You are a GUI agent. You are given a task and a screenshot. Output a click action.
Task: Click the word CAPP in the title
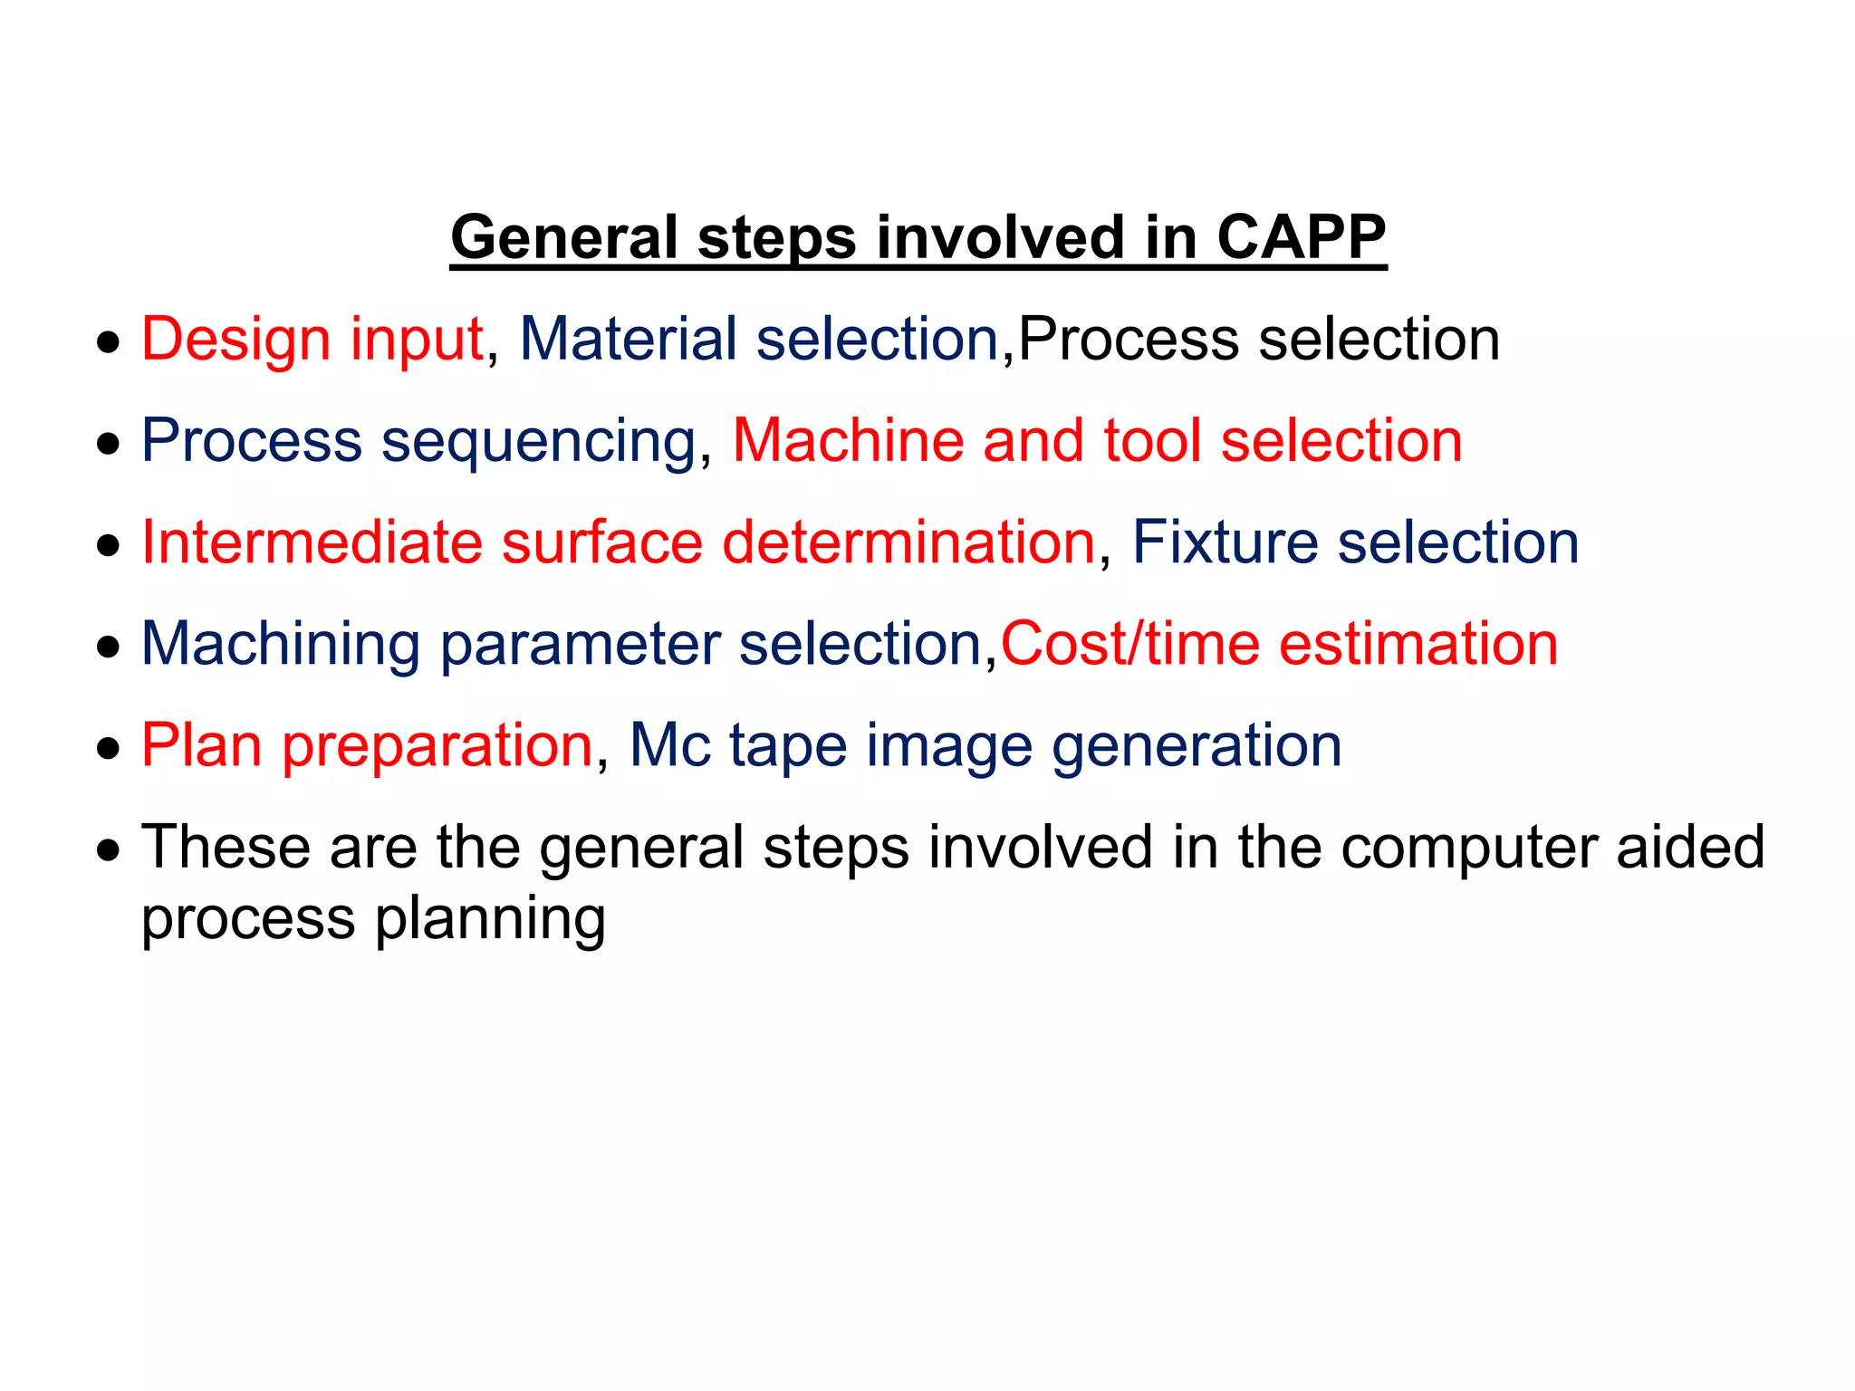click(1300, 237)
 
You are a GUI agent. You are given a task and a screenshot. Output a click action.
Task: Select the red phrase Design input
click(312, 340)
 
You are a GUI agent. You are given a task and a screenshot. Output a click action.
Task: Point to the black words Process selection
click(1259, 340)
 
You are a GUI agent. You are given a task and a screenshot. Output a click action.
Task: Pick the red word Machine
click(848, 441)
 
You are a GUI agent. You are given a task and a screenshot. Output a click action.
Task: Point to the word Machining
click(281, 644)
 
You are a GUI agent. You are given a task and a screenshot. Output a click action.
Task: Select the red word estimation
click(1418, 644)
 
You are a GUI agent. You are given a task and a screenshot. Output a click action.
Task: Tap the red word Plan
click(202, 745)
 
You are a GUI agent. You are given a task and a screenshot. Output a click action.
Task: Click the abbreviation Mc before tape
click(669, 745)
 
